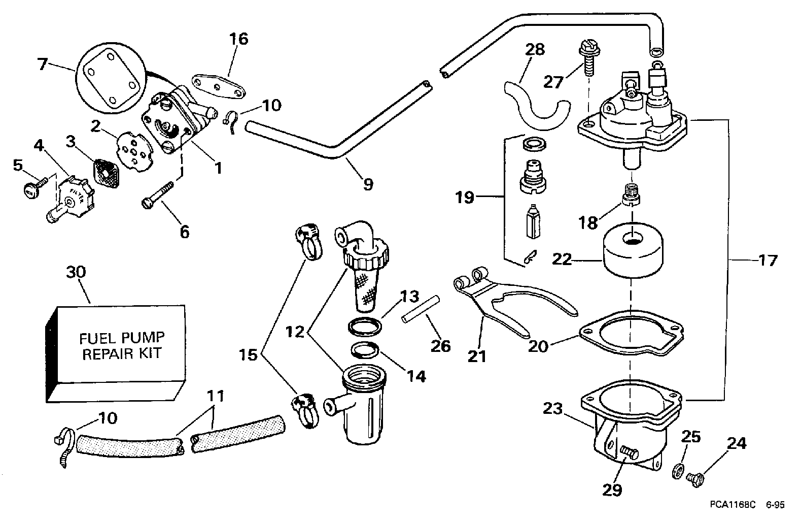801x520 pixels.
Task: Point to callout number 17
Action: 768,261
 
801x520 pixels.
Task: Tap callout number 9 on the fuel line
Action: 368,183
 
